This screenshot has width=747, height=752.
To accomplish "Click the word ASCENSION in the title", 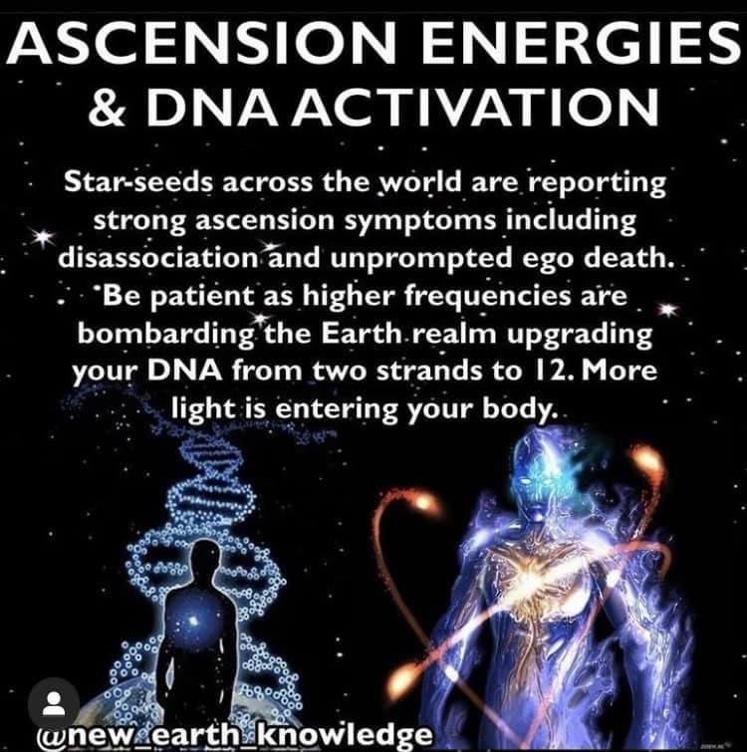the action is coord(200,44).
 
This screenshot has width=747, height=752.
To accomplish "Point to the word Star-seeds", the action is coord(139,182).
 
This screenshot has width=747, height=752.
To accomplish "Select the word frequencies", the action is coord(488,297).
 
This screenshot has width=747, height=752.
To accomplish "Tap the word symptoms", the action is coord(424,221).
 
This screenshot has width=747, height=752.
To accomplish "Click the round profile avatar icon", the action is coord(54,703).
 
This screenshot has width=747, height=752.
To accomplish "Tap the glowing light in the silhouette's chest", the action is coord(193,621).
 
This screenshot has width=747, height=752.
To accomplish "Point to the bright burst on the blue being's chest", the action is coord(525,577).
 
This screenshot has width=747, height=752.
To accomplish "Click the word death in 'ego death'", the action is coord(626,258).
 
